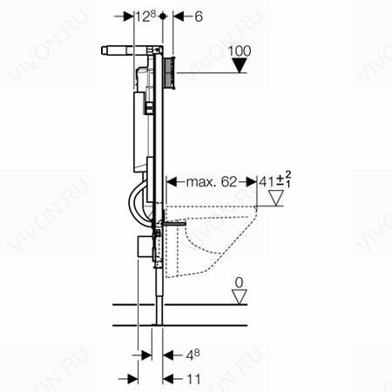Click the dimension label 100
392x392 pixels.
[240, 51]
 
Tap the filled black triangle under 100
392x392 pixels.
[240, 65]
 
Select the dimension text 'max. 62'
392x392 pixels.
[212, 182]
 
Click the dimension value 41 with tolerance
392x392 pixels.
[275, 180]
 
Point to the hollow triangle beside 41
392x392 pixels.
[276, 198]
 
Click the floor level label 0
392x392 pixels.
[240, 282]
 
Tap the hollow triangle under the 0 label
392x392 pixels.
[240, 297]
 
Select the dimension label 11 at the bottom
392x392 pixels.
[193, 379]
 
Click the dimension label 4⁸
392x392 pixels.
[193, 355]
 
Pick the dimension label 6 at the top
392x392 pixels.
[199, 17]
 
